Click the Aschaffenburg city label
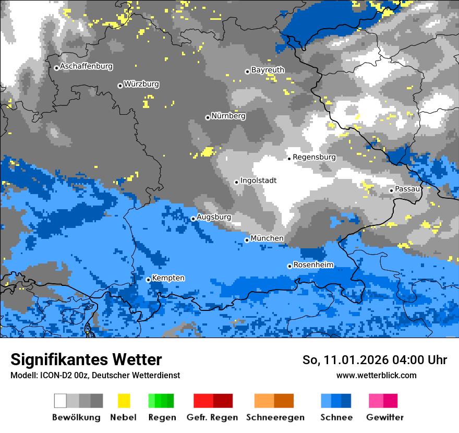pyautogui.click(x=86, y=67)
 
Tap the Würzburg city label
pyautogui.click(x=141, y=85)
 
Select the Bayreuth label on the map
pyautogui.click(x=268, y=70)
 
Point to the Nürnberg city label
pyautogui.click(x=228, y=116)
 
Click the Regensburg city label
pyautogui.click(x=314, y=157)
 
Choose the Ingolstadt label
pyautogui.click(x=259, y=181)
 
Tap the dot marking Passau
pyautogui.click(x=391, y=190)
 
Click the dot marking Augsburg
pyautogui.click(x=193, y=219)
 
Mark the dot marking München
pyautogui.click(x=247, y=240)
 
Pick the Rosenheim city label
pyautogui.click(x=313, y=266)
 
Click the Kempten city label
pyautogui.click(x=168, y=279)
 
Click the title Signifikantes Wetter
pyautogui.click(x=86, y=360)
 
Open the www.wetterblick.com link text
pyautogui.click(x=376, y=376)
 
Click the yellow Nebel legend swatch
pyautogui.click(x=124, y=401)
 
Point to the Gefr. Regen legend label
pyautogui.click(x=212, y=418)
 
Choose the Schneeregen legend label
pyautogui.click(x=275, y=418)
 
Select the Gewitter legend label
pyautogui.click(x=385, y=418)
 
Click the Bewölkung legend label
pyautogui.click(x=76, y=418)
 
